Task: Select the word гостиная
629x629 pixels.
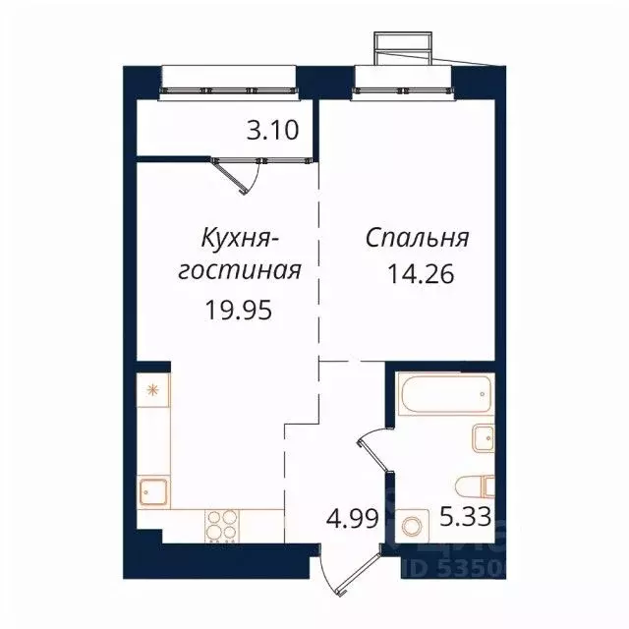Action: pyautogui.click(x=238, y=271)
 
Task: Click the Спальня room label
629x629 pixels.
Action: pyautogui.click(x=418, y=238)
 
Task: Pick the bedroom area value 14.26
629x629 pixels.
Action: pyautogui.click(x=425, y=273)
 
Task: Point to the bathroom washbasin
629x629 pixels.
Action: pyautogui.click(x=482, y=436)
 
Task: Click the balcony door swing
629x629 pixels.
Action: pyautogui.click(x=241, y=175)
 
